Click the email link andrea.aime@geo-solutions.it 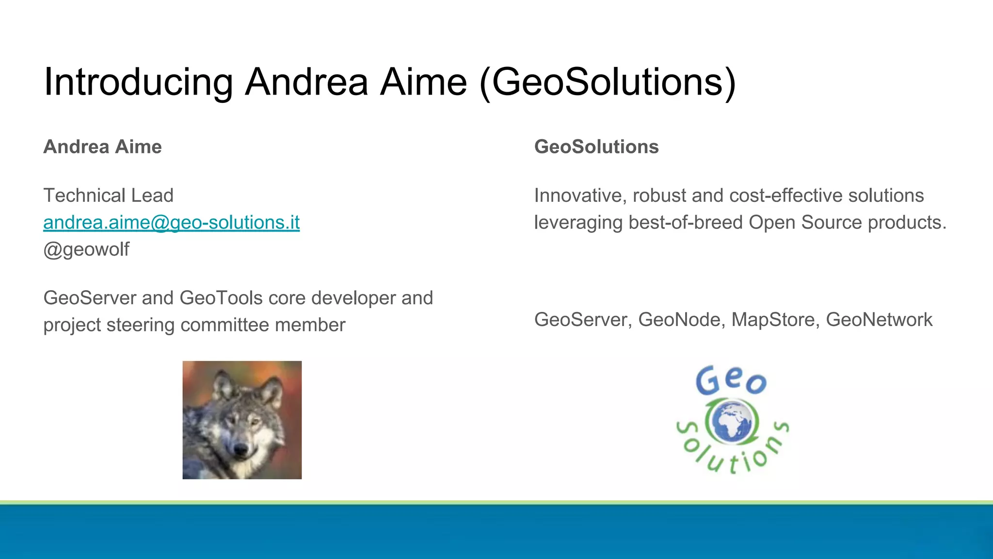(x=171, y=223)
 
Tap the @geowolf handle (x=86, y=250)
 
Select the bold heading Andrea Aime (x=102, y=147)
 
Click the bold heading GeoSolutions (x=596, y=147)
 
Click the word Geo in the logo (x=731, y=380)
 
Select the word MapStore (x=775, y=320)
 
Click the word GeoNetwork (x=879, y=320)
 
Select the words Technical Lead (x=108, y=196)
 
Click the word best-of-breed (x=686, y=223)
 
